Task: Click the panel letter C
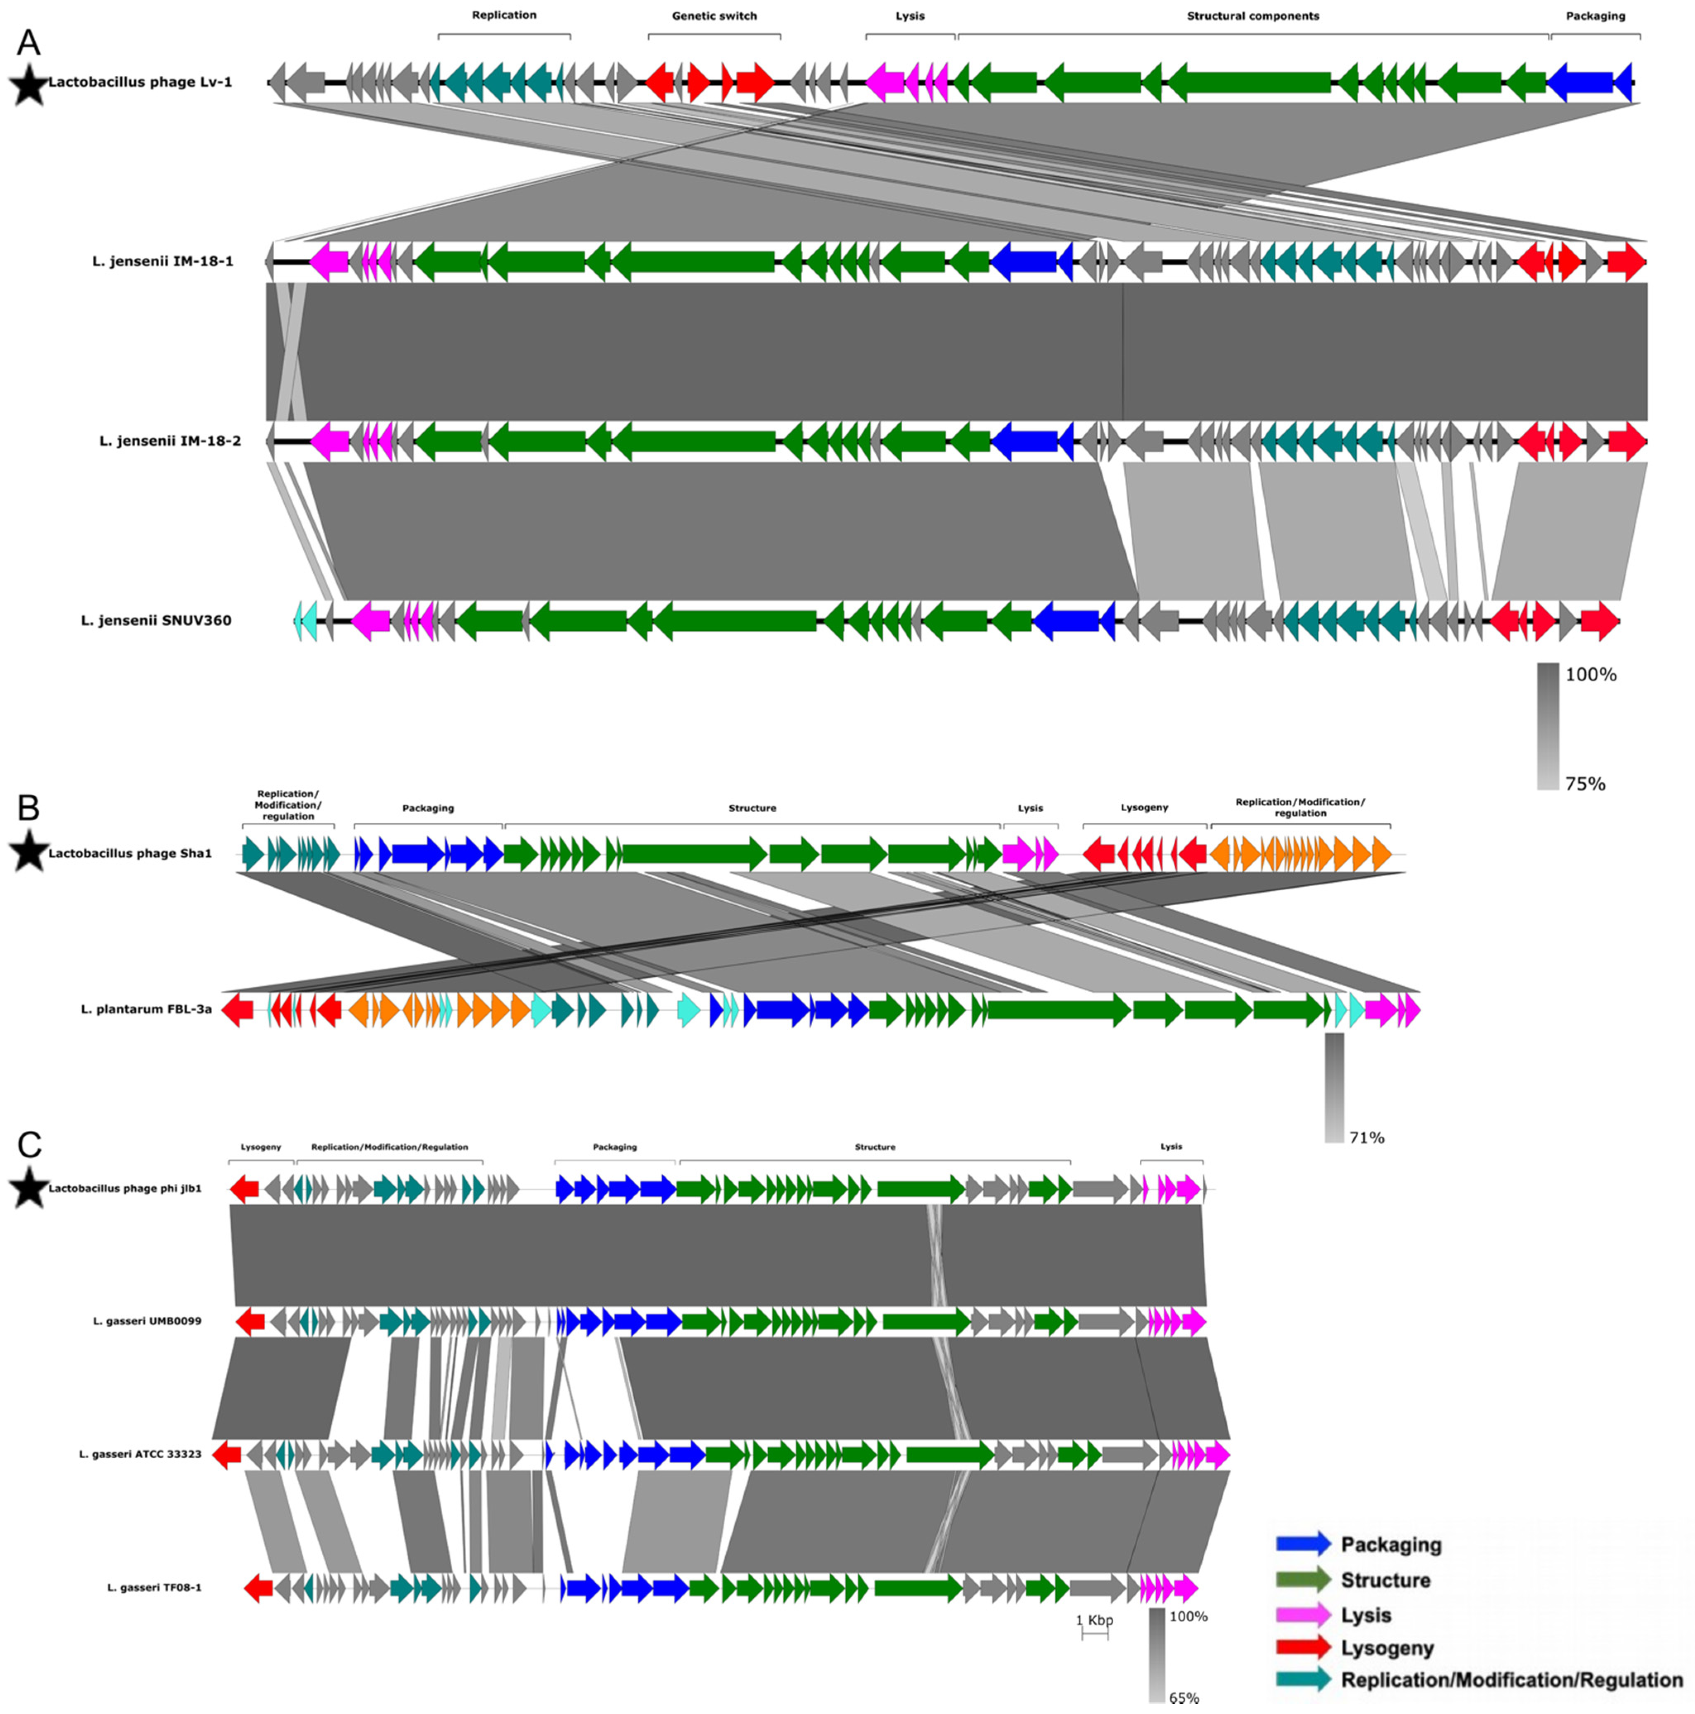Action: (x=29, y=1144)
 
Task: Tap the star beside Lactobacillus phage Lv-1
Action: (x=29, y=86)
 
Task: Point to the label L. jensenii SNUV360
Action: (x=156, y=620)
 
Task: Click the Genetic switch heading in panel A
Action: (x=714, y=16)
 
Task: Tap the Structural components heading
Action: (x=1252, y=16)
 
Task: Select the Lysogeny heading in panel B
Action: (x=1144, y=807)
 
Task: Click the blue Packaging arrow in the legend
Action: (x=1303, y=1543)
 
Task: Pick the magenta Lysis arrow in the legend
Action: (x=1303, y=1615)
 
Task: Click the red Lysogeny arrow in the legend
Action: (x=1303, y=1647)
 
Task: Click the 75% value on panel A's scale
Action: (x=1585, y=784)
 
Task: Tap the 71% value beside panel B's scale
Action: (x=1366, y=1137)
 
